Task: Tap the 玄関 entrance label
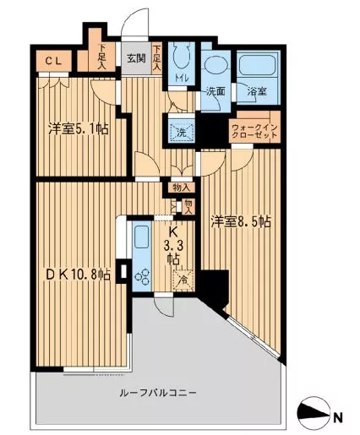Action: [x=137, y=59]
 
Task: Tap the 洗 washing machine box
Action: [x=181, y=131]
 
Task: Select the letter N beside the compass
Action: [x=337, y=416]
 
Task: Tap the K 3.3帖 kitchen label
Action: [x=172, y=245]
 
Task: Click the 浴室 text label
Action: [x=257, y=91]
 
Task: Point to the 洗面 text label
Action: [x=215, y=91]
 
